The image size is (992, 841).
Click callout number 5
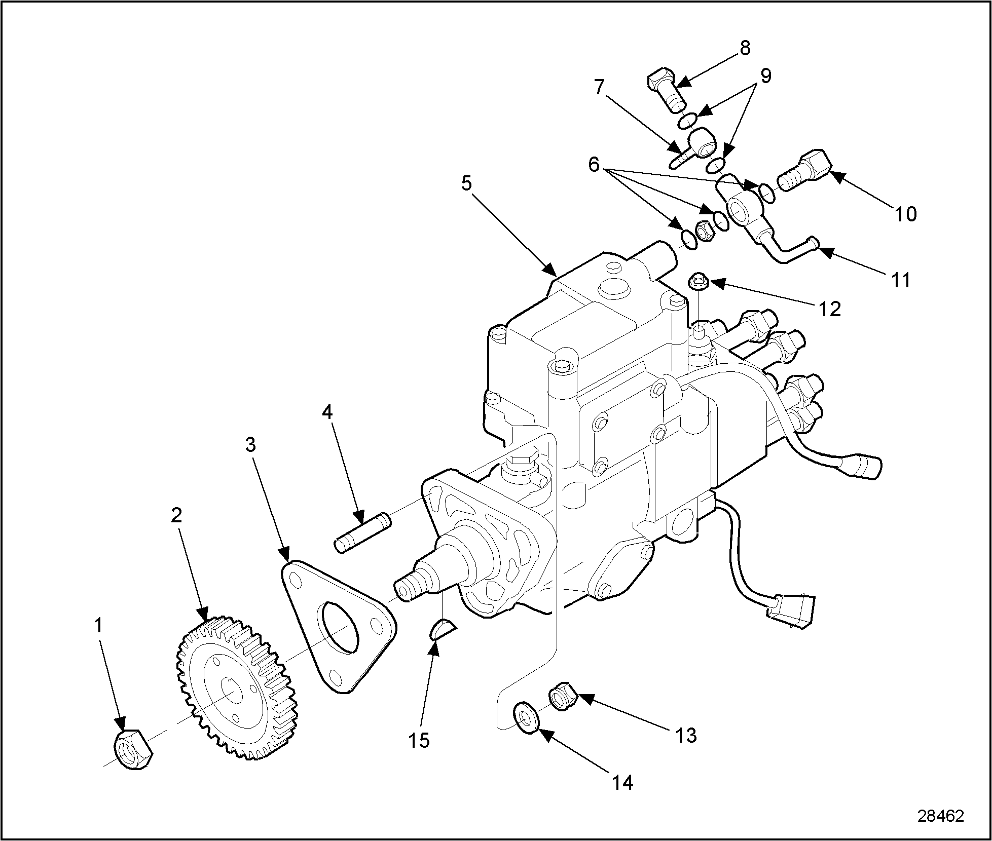(467, 183)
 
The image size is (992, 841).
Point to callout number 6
(594, 164)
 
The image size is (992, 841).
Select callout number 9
(765, 76)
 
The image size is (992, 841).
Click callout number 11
(900, 280)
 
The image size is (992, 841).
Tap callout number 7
(599, 88)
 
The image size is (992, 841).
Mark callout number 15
(419, 741)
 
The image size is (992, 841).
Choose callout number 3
(250, 445)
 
